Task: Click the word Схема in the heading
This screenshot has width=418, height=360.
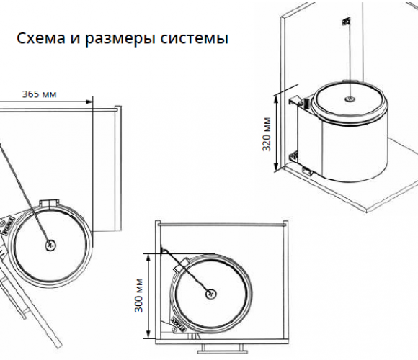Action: (41, 38)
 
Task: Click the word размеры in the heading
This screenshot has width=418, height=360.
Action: (120, 39)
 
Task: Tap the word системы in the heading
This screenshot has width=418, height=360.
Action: (195, 38)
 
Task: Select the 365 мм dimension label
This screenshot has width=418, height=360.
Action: (39, 94)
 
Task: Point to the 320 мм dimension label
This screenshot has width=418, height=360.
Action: (267, 134)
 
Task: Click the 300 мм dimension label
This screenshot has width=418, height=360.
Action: (139, 295)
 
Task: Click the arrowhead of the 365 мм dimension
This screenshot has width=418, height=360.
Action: (89, 102)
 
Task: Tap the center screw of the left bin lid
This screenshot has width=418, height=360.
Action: (50, 245)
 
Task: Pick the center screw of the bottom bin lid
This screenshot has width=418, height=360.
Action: (210, 294)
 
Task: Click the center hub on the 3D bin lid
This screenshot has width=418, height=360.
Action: (350, 99)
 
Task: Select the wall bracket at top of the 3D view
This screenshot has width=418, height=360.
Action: (346, 22)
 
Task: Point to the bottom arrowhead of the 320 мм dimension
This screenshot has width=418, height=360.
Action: (277, 167)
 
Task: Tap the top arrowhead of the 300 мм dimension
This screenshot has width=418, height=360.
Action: (148, 257)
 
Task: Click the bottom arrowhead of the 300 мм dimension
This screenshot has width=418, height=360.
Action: (148, 336)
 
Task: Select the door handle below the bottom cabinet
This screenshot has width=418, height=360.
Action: (222, 348)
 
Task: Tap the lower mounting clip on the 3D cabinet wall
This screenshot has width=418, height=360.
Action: (294, 156)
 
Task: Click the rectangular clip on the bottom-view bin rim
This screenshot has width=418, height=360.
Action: (180, 264)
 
